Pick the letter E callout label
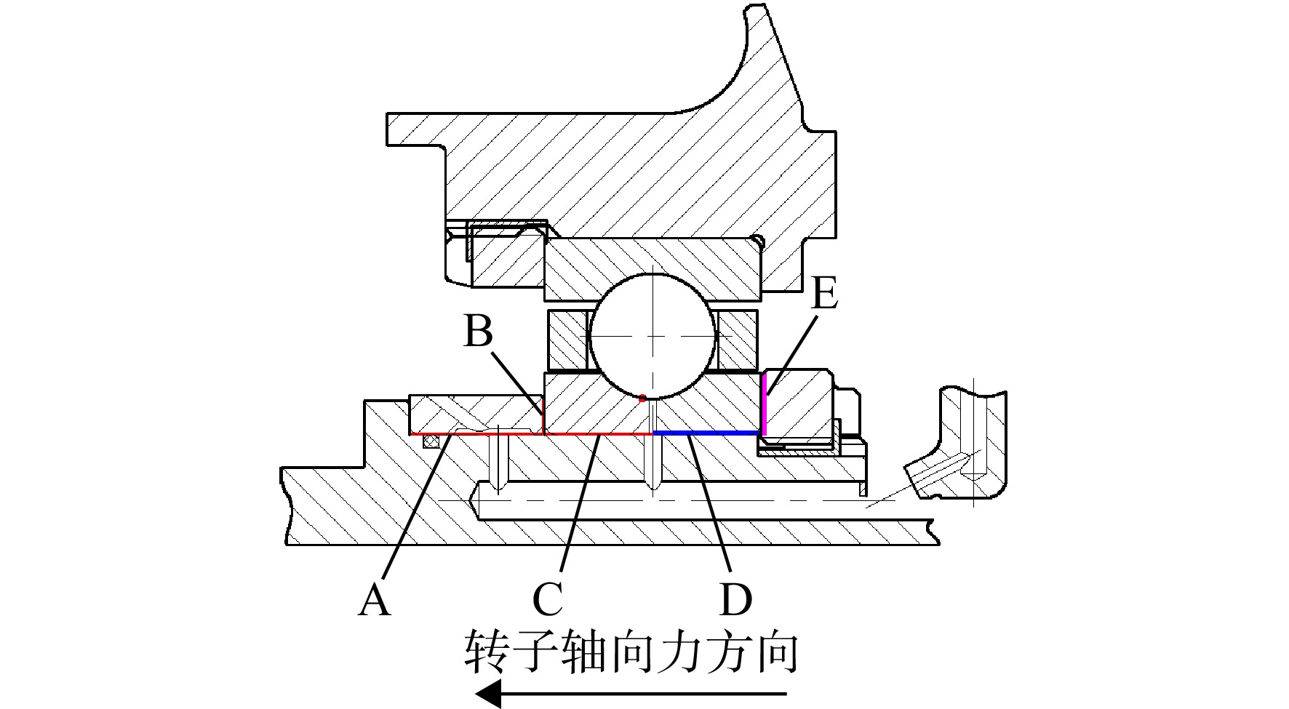[x=824, y=295]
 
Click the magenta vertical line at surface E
[x=764, y=404]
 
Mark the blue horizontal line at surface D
[x=708, y=433]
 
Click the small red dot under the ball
[x=642, y=398]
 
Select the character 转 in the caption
[x=487, y=652]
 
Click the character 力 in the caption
[x=667, y=652]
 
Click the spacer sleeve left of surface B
[x=476, y=414]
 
